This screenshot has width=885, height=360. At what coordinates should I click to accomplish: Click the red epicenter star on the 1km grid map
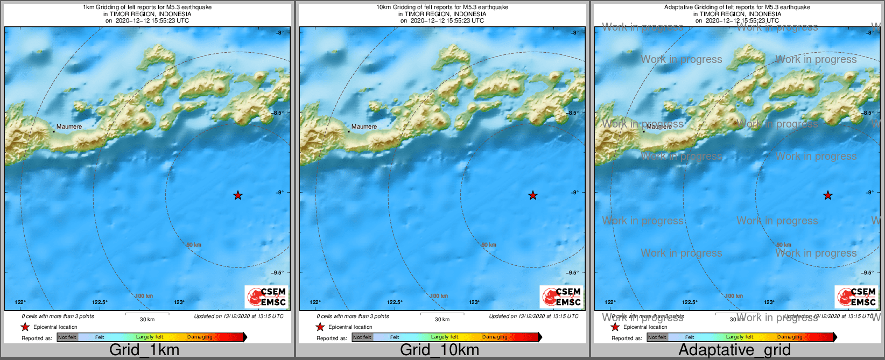tap(238, 195)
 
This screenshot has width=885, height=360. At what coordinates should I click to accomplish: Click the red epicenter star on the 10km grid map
tap(533, 195)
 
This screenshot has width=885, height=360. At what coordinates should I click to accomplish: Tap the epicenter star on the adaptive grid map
tap(828, 195)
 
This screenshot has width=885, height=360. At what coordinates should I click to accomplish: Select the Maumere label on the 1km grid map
tap(69, 127)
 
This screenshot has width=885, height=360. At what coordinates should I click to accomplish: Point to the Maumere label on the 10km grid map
tap(364, 127)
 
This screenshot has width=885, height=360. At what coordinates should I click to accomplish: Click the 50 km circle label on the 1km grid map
tap(194, 245)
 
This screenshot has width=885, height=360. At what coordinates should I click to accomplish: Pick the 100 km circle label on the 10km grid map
tap(439, 296)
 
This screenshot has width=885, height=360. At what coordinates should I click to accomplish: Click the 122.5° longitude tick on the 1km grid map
tap(100, 302)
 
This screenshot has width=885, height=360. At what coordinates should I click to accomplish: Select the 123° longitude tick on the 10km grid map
tap(474, 302)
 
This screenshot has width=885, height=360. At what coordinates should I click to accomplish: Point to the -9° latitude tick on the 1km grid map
tap(280, 193)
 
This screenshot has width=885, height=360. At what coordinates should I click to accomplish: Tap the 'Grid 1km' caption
tap(144, 350)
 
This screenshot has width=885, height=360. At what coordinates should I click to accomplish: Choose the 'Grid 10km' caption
tap(439, 350)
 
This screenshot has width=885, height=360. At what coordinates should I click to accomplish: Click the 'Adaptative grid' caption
tap(734, 350)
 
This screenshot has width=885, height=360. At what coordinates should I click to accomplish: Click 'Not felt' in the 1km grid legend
tap(67, 337)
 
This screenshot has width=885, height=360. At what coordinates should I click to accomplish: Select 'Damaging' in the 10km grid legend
tap(495, 337)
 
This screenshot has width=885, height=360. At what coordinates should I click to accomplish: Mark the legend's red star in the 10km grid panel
tap(320, 327)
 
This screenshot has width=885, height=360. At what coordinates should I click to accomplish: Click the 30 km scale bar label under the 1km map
tap(147, 320)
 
